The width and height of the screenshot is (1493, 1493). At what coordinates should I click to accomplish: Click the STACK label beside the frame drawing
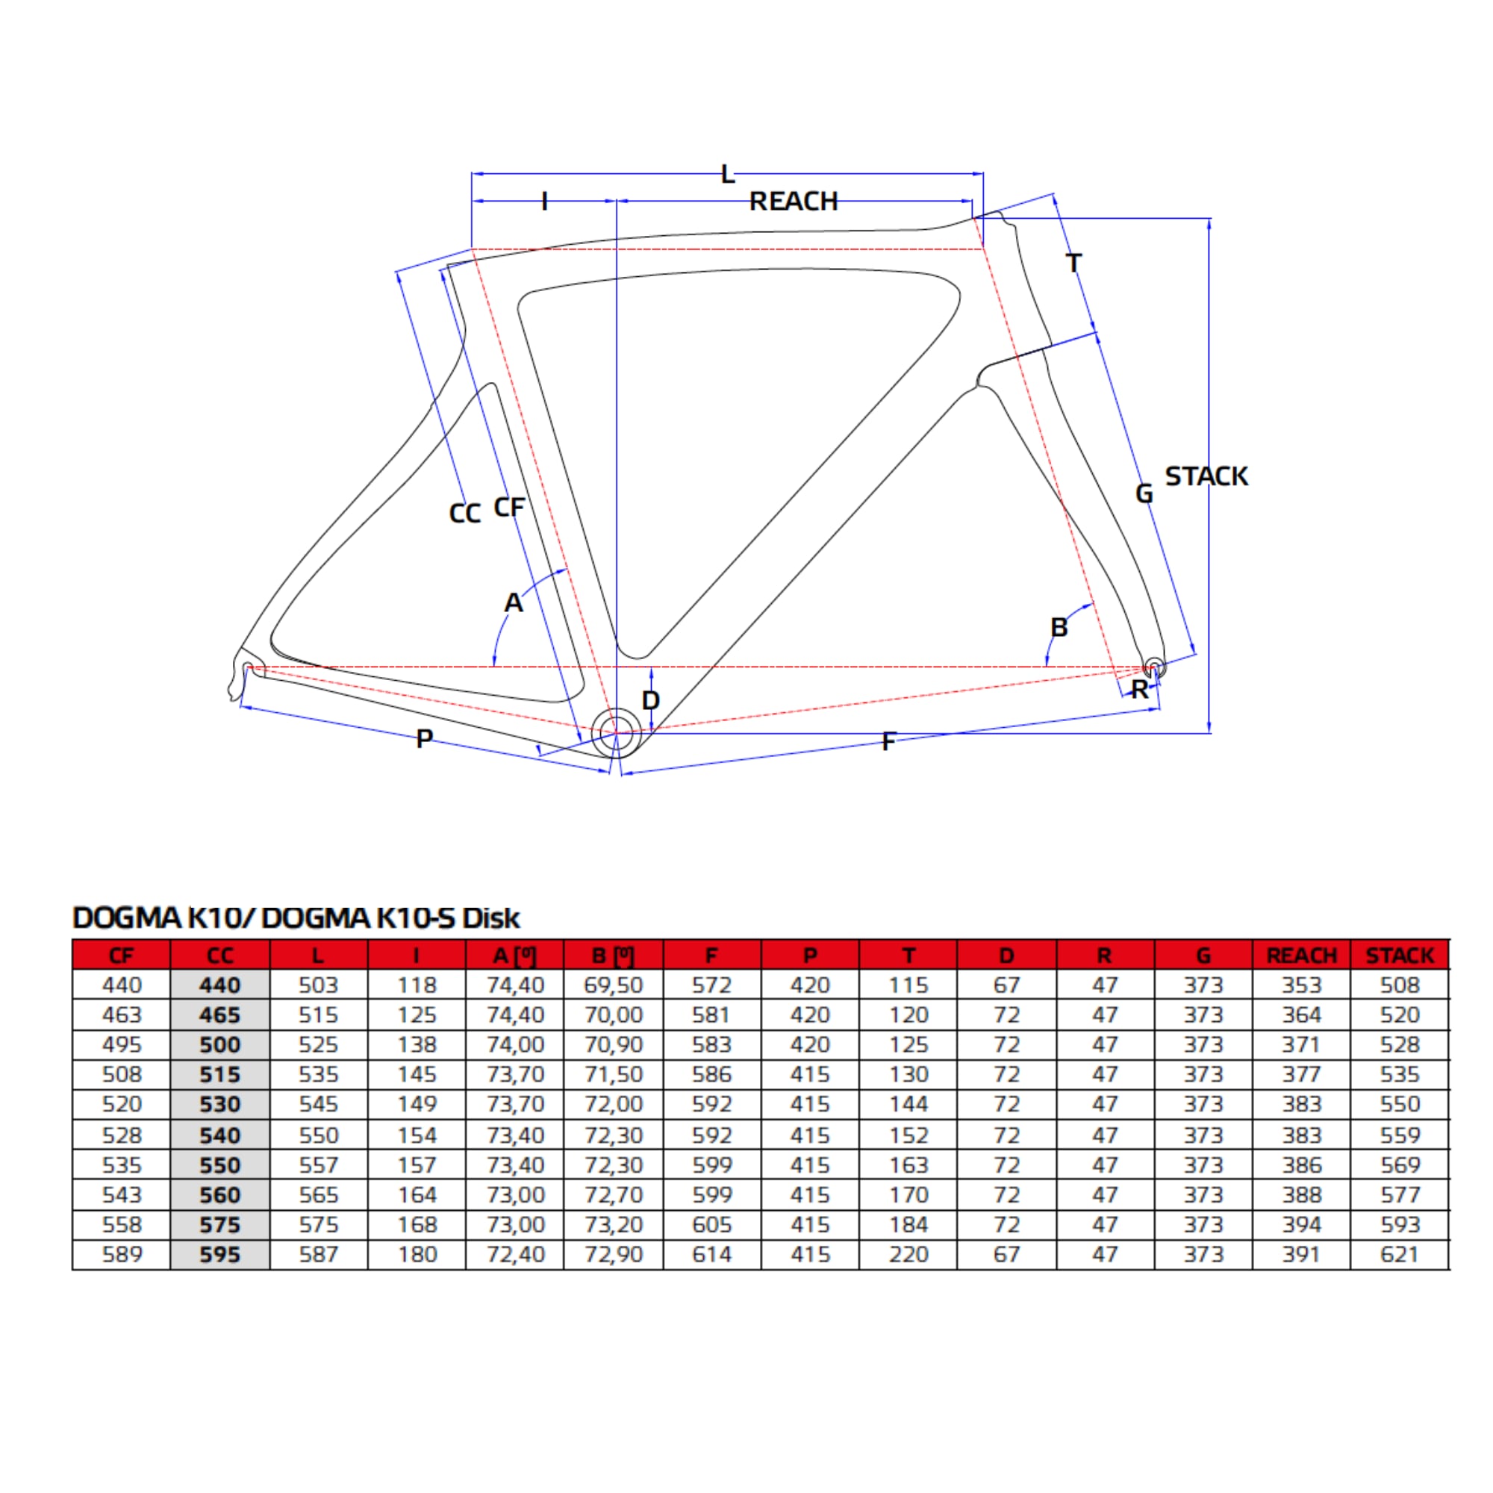click(x=1206, y=476)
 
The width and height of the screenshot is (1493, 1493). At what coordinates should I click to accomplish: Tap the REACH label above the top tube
click(x=794, y=201)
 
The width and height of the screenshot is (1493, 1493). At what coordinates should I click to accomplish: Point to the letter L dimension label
click(x=727, y=175)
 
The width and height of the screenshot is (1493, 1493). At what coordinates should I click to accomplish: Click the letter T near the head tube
click(x=1073, y=263)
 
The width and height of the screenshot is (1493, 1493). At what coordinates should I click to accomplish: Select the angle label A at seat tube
click(x=513, y=602)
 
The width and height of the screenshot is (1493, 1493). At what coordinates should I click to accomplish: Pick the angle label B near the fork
click(x=1059, y=627)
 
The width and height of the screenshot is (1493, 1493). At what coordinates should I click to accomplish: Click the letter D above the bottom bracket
click(x=651, y=700)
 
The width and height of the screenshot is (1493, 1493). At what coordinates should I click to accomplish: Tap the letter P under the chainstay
click(x=424, y=739)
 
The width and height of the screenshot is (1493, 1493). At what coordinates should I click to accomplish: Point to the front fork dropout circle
click(x=1153, y=666)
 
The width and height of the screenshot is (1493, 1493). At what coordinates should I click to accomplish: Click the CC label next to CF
click(x=464, y=513)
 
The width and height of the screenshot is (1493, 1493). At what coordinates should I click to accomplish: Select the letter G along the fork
click(x=1144, y=493)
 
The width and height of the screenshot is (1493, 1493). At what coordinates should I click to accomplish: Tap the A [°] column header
click(x=514, y=956)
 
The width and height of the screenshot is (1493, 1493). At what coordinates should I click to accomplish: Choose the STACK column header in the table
click(x=1400, y=956)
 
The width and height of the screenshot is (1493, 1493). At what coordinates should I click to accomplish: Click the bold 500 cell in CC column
click(x=220, y=1045)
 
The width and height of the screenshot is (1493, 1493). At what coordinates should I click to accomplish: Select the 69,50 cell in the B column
click(x=614, y=985)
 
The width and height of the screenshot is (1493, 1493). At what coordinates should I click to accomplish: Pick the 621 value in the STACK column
click(x=1400, y=1254)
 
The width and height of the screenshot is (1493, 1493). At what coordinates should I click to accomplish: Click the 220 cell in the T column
click(x=908, y=1254)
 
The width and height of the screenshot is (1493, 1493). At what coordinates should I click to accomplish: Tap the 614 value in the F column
click(x=711, y=1254)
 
